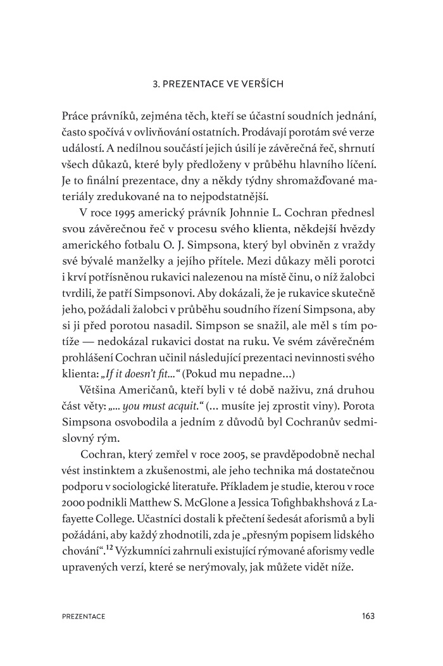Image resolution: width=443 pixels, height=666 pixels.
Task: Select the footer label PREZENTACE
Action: click(84, 615)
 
